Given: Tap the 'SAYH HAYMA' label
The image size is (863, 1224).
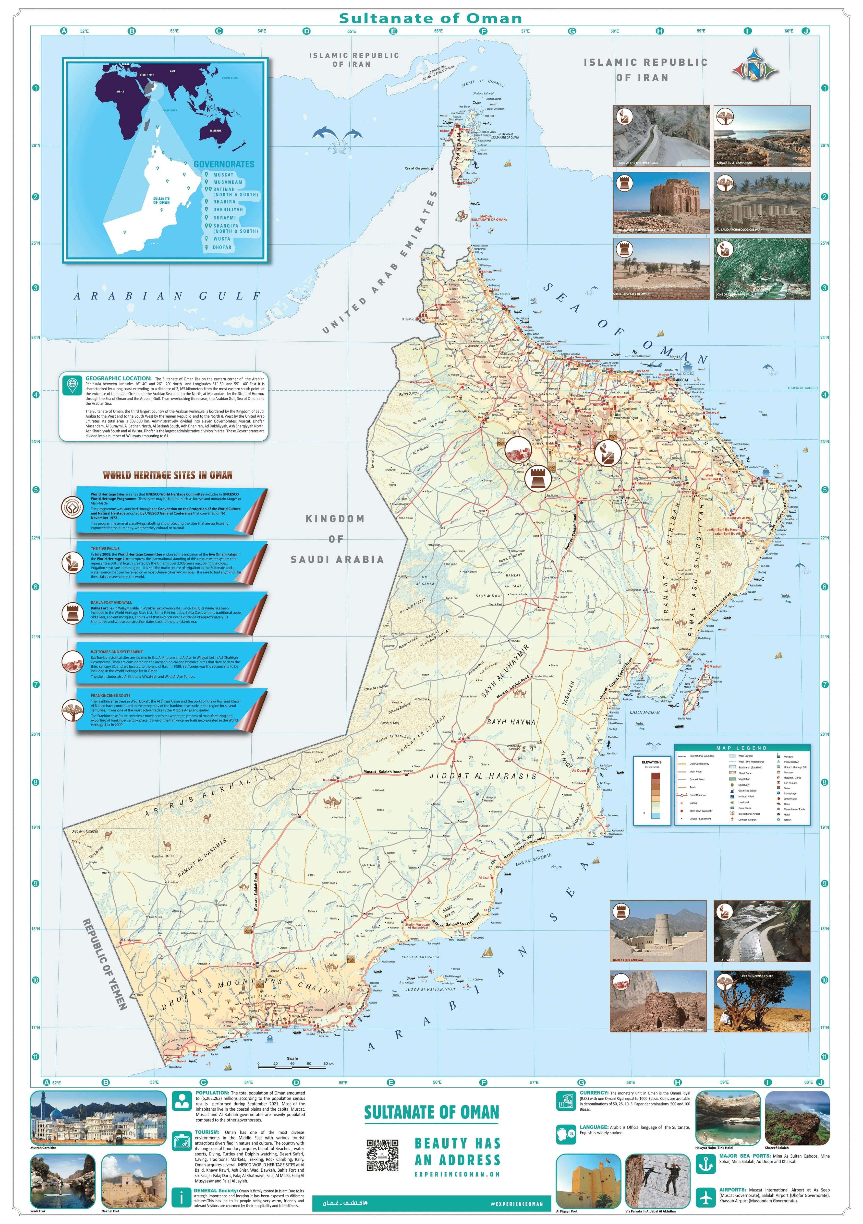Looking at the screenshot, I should click(511, 722).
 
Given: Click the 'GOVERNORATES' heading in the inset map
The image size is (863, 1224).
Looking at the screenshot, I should click(224, 164).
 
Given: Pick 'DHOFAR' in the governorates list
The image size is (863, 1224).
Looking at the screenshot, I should click(222, 247).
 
